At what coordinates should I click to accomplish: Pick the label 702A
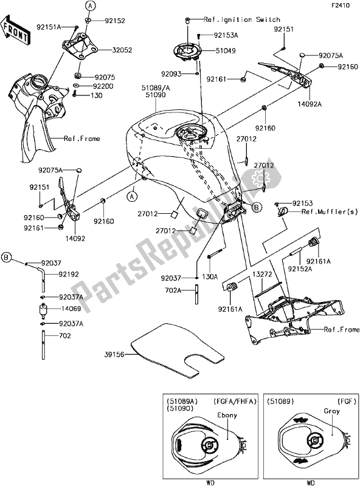[175, 291]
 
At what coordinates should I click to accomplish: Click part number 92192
[71, 274]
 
